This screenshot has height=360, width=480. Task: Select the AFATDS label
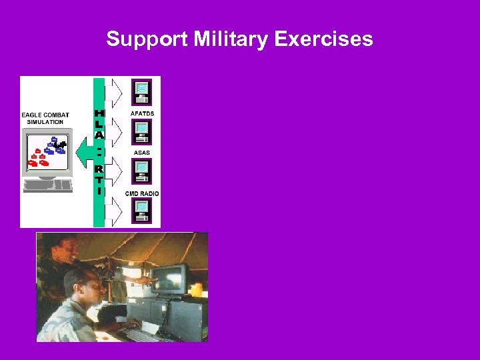coord(141,113)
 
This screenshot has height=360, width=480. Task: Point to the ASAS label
coord(141,153)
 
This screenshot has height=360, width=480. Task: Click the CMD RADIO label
coord(142,193)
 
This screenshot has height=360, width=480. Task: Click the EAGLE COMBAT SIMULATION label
coord(45,119)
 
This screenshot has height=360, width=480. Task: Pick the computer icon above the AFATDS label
coord(141,91)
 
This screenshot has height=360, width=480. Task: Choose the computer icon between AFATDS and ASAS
coord(141,131)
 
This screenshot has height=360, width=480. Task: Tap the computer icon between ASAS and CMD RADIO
coord(141,171)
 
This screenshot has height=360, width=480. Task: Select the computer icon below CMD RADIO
coord(141,210)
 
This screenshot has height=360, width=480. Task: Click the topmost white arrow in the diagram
coord(115,92)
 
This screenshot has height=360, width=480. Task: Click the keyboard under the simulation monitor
coord(47,184)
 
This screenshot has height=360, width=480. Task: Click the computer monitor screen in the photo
coord(169,279)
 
